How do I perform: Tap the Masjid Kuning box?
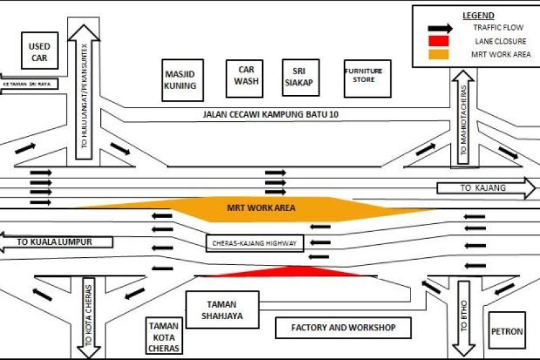pyautogui.click(x=180, y=80)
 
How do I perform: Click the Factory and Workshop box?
pyautogui.click(x=342, y=327)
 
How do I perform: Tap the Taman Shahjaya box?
pyautogui.click(x=222, y=309)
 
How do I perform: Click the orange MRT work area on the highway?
pyautogui.click(x=260, y=208)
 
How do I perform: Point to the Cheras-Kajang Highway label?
pyautogui.click(x=254, y=243)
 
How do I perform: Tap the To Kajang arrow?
pyautogui.click(x=484, y=187)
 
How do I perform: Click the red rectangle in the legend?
pyautogui.click(x=439, y=42)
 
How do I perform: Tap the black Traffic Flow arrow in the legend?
pyautogui.click(x=439, y=29)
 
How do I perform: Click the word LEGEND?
pyautogui.click(x=478, y=16)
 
